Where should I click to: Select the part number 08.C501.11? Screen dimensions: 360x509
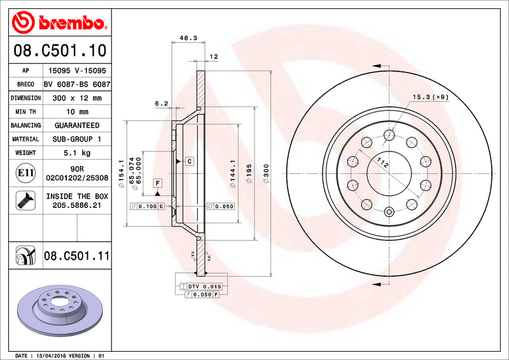pyautogui.click(x=77, y=256)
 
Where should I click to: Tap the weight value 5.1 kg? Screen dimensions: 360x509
pyautogui.click(x=77, y=153)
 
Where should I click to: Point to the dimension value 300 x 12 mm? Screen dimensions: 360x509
pyautogui.click(x=77, y=98)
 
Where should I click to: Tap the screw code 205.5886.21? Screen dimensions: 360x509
pyautogui.click(x=77, y=205)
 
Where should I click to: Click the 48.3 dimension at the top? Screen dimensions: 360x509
pyautogui.click(x=188, y=38)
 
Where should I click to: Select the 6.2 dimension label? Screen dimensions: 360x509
pyautogui.click(x=161, y=103)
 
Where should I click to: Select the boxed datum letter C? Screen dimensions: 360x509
pyautogui.click(x=189, y=162)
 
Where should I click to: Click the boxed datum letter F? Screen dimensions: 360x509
pyautogui.click(x=157, y=183)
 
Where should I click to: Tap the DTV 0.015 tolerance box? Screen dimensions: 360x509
pyautogui.click(x=203, y=287)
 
